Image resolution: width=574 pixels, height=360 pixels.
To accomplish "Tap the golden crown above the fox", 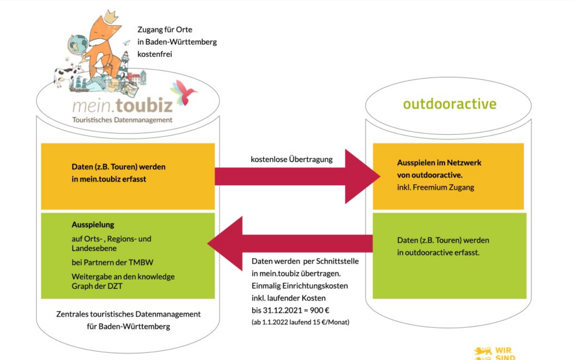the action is (x=111, y=16).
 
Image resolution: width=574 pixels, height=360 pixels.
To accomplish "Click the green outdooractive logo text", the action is (x=450, y=104).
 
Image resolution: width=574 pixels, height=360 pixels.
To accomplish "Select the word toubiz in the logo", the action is (x=144, y=105).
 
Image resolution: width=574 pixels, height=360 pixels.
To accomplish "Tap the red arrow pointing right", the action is (x=297, y=176).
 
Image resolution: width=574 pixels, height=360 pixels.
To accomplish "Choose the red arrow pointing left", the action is (x=290, y=243).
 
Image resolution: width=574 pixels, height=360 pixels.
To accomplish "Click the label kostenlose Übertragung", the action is (x=292, y=159).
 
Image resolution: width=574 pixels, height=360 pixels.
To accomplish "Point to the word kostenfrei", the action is (x=155, y=54).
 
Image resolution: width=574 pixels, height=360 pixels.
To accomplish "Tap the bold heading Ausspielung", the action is (x=93, y=225).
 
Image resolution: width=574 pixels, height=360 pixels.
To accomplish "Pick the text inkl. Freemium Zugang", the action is (x=436, y=187).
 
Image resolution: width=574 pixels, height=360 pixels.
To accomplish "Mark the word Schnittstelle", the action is (x=337, y=261).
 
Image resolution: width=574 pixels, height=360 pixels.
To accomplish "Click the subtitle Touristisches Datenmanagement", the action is (x=122, y=120).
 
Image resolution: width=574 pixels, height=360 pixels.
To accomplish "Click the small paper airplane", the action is (x=126, y=43).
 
